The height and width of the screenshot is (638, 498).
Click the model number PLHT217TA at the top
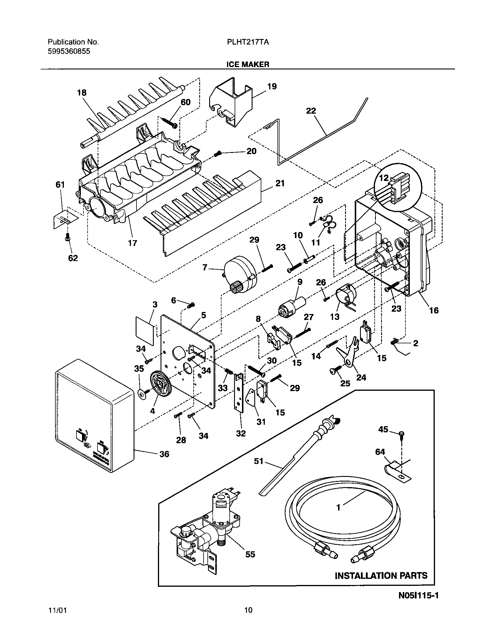pos(248,42)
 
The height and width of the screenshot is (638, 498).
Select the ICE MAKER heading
pos(248,64)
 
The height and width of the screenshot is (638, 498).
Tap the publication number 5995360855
pos(69,52)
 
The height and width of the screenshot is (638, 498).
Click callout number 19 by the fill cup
pos(272,87)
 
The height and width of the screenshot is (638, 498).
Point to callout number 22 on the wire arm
pos(311,111)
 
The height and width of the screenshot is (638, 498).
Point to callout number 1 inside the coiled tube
pos(338,508)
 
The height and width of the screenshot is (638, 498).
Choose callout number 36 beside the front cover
pos(164,454)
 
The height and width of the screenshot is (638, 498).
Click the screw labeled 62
pos(68,239)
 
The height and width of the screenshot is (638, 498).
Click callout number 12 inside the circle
pos(384,178)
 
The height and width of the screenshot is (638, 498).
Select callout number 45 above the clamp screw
pos(383,429)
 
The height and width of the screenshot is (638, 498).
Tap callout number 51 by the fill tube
pos(259,462)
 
